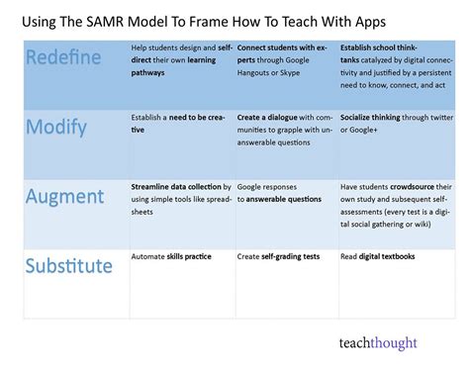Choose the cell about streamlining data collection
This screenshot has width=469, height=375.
point(181,197)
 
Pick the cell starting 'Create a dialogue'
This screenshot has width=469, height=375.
point(285,128)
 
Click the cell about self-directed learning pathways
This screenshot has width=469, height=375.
point(181,59)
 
